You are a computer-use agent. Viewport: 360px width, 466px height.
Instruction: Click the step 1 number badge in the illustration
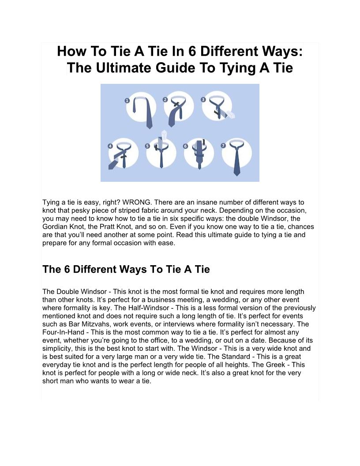coord(127,101)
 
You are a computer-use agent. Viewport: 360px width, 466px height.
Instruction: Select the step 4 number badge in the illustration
coord(110,146)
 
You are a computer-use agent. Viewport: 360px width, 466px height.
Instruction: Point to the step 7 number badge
coord(223,145)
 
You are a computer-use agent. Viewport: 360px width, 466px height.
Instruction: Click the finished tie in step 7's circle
coord(236,157)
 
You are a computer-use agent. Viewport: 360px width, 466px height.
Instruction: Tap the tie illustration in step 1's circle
coord(144,112)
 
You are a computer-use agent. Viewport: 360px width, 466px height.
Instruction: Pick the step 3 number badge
coord(203,100)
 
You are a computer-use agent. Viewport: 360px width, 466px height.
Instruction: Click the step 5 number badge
coord(148,146)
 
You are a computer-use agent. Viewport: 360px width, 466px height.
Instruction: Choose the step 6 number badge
coord(186,146)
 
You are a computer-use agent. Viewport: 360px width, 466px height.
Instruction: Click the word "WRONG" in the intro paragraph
coord(136,203)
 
